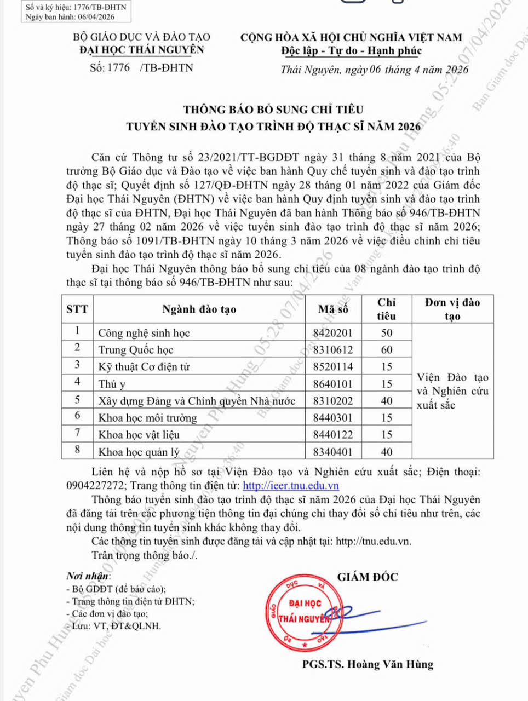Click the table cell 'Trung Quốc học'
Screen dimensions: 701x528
point(136,350)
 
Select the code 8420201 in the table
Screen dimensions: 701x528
point(332,333)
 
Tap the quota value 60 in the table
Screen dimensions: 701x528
point(387,350)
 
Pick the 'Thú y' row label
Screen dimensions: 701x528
point(112,384)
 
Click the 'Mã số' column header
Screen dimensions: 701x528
point(333,309)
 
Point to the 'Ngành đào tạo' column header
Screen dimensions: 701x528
point(199,309)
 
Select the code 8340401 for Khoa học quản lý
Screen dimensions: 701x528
point(332,452)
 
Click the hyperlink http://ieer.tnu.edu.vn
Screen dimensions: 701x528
point(290,486)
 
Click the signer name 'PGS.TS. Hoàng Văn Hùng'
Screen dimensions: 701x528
point(368,665)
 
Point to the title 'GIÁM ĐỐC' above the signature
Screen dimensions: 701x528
point(368,577)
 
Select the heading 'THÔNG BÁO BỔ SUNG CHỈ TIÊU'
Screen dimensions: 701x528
point(273,110)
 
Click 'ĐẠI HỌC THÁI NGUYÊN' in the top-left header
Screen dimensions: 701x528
point(141,50)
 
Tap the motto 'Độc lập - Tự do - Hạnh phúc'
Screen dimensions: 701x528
point(351,51)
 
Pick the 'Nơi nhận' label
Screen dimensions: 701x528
point(88,576)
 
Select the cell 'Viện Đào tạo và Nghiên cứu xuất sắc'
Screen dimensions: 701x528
point(452,391)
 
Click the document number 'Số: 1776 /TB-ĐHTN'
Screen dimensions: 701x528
point(141,68)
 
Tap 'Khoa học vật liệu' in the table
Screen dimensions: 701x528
point(139,435)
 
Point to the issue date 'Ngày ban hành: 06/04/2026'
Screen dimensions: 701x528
point(70,17)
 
